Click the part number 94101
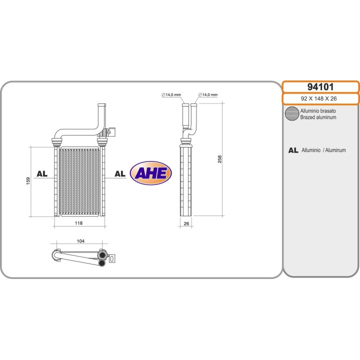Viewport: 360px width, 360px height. click(x=320, y=86)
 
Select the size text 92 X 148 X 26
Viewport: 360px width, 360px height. click(x=320, y=98)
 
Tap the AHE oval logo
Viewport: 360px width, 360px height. click(x=151, y=173)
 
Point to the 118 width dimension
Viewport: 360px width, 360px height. click(x=79, y=223)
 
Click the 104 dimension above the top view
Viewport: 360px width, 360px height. click(x=80, y=241)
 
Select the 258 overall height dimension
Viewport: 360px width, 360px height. click(x=219, y=159)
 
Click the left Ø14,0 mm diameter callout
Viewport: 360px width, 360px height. click(x=171, y=94)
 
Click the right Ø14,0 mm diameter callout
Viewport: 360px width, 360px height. click(x=207, y=94)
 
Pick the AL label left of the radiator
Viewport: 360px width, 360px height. click(x=41, y=174)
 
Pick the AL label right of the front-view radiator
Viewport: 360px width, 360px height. click(x=119, y=174)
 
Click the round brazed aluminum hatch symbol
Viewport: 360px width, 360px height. click(x=291, y=114)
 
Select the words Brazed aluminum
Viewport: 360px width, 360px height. click(x=318, y=117)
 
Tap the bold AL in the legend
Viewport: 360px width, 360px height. click(x=293, y=150)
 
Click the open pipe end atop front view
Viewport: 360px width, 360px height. click(x=101, y=105)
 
